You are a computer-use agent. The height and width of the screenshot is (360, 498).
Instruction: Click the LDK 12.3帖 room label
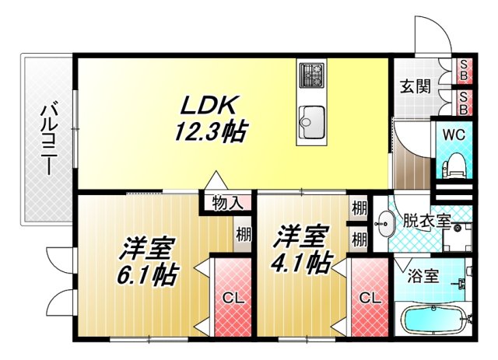coord(209,117)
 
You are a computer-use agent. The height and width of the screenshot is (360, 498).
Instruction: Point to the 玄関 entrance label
coord(415,86)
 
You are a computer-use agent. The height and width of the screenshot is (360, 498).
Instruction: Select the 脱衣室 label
coord(426,220)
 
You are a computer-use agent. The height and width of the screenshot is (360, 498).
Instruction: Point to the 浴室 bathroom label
coord(423,274)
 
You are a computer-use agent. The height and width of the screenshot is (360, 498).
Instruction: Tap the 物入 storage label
coord(227,204)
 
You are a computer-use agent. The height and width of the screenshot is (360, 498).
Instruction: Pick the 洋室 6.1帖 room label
coord(148,262)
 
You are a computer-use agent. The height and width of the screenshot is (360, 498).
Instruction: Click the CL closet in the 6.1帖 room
coord(231,297)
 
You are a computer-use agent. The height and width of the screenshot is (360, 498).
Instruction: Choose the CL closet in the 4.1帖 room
coord(369,297)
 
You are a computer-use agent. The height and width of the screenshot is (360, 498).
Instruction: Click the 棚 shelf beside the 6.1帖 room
coord(243,234)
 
